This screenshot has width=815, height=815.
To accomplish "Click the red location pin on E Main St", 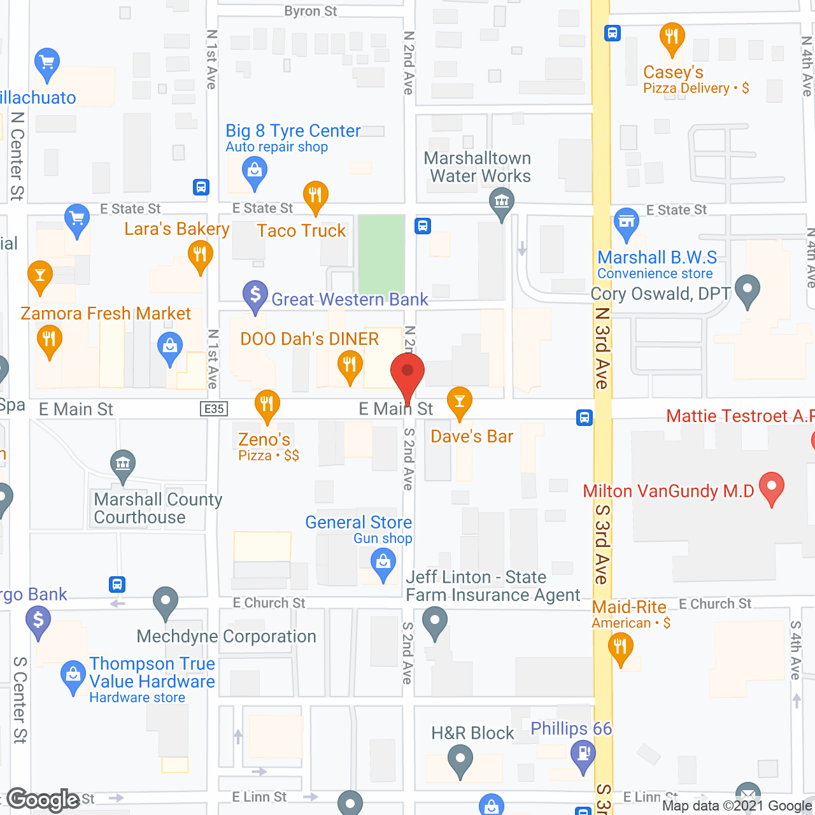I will coord(407,372).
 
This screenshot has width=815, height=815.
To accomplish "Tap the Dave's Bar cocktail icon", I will coord(459,401).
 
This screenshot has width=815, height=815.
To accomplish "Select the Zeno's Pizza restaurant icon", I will coord(267,404).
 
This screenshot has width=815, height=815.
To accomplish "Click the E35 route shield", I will coord(214,409).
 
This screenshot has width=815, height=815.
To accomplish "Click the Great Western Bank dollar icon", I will coord(255,295).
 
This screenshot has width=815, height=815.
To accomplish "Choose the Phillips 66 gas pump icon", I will coord(583,755).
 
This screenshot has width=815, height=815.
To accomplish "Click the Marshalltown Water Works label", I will coord(478,167).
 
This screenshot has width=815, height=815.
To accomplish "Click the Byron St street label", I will coord(311,11).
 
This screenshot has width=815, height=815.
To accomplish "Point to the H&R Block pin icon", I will coord(460,759).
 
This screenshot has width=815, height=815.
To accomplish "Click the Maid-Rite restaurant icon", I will coord(620,647).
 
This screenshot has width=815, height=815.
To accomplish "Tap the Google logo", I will coord(43,800).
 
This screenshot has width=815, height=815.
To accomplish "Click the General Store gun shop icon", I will coord(383,563).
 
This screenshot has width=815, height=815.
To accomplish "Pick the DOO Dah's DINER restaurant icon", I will coord(350,365).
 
